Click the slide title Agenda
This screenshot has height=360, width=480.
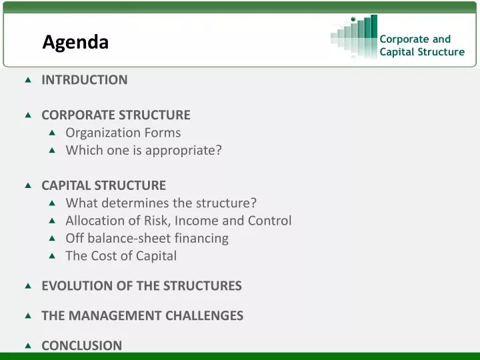(75, 42)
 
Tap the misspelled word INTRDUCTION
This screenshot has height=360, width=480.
(84, 80)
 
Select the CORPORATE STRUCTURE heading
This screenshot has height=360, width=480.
(116, 115)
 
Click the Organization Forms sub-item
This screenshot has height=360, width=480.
(123, 133)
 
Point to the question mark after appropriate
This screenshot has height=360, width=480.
(219, 150)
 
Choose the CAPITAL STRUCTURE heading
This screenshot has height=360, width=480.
(103, 185)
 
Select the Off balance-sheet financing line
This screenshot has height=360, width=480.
(147, 238)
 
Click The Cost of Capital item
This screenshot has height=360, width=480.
(121, 255)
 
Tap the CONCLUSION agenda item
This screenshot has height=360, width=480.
(81, 345)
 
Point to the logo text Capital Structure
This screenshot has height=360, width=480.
(421, 52)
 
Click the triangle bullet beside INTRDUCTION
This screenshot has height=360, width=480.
(28, 80)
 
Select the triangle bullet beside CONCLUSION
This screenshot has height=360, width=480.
(28, 345)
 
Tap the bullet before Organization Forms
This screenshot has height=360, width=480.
(53, 133)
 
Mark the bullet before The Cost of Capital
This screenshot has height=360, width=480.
(53, 255)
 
